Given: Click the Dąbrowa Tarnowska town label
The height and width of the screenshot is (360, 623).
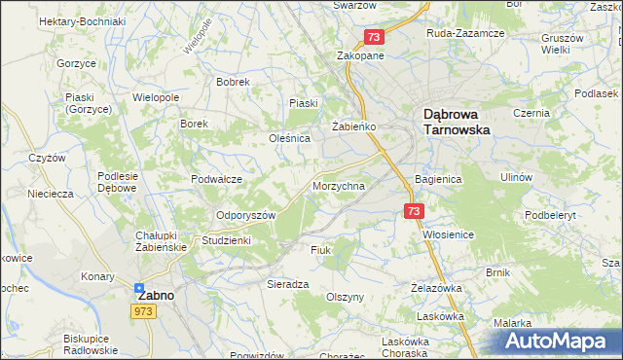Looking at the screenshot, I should [457, 121].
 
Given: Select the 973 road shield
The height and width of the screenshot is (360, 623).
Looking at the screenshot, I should [144, 310].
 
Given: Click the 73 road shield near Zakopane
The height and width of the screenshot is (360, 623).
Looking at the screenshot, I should [375, 37].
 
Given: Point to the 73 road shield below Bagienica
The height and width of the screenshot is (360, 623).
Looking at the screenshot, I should [414, 210].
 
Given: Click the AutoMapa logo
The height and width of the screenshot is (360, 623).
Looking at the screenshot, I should [556, 342].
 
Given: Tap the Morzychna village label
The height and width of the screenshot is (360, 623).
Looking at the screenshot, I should [339, 186].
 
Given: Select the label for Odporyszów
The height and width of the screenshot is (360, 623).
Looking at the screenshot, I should [246, 215].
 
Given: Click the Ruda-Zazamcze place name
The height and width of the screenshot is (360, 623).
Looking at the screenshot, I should [465, 33].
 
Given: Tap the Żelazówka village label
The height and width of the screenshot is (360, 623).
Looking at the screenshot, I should [435, 288].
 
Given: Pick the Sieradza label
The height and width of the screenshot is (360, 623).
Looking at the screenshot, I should [288, 284].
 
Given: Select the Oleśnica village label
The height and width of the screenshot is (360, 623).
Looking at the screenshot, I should [289, 138].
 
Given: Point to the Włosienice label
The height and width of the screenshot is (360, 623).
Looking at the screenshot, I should [448, 234].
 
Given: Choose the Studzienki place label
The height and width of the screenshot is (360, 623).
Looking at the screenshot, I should [226, 239].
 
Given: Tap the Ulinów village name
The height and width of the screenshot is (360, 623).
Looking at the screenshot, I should [516, 177].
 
